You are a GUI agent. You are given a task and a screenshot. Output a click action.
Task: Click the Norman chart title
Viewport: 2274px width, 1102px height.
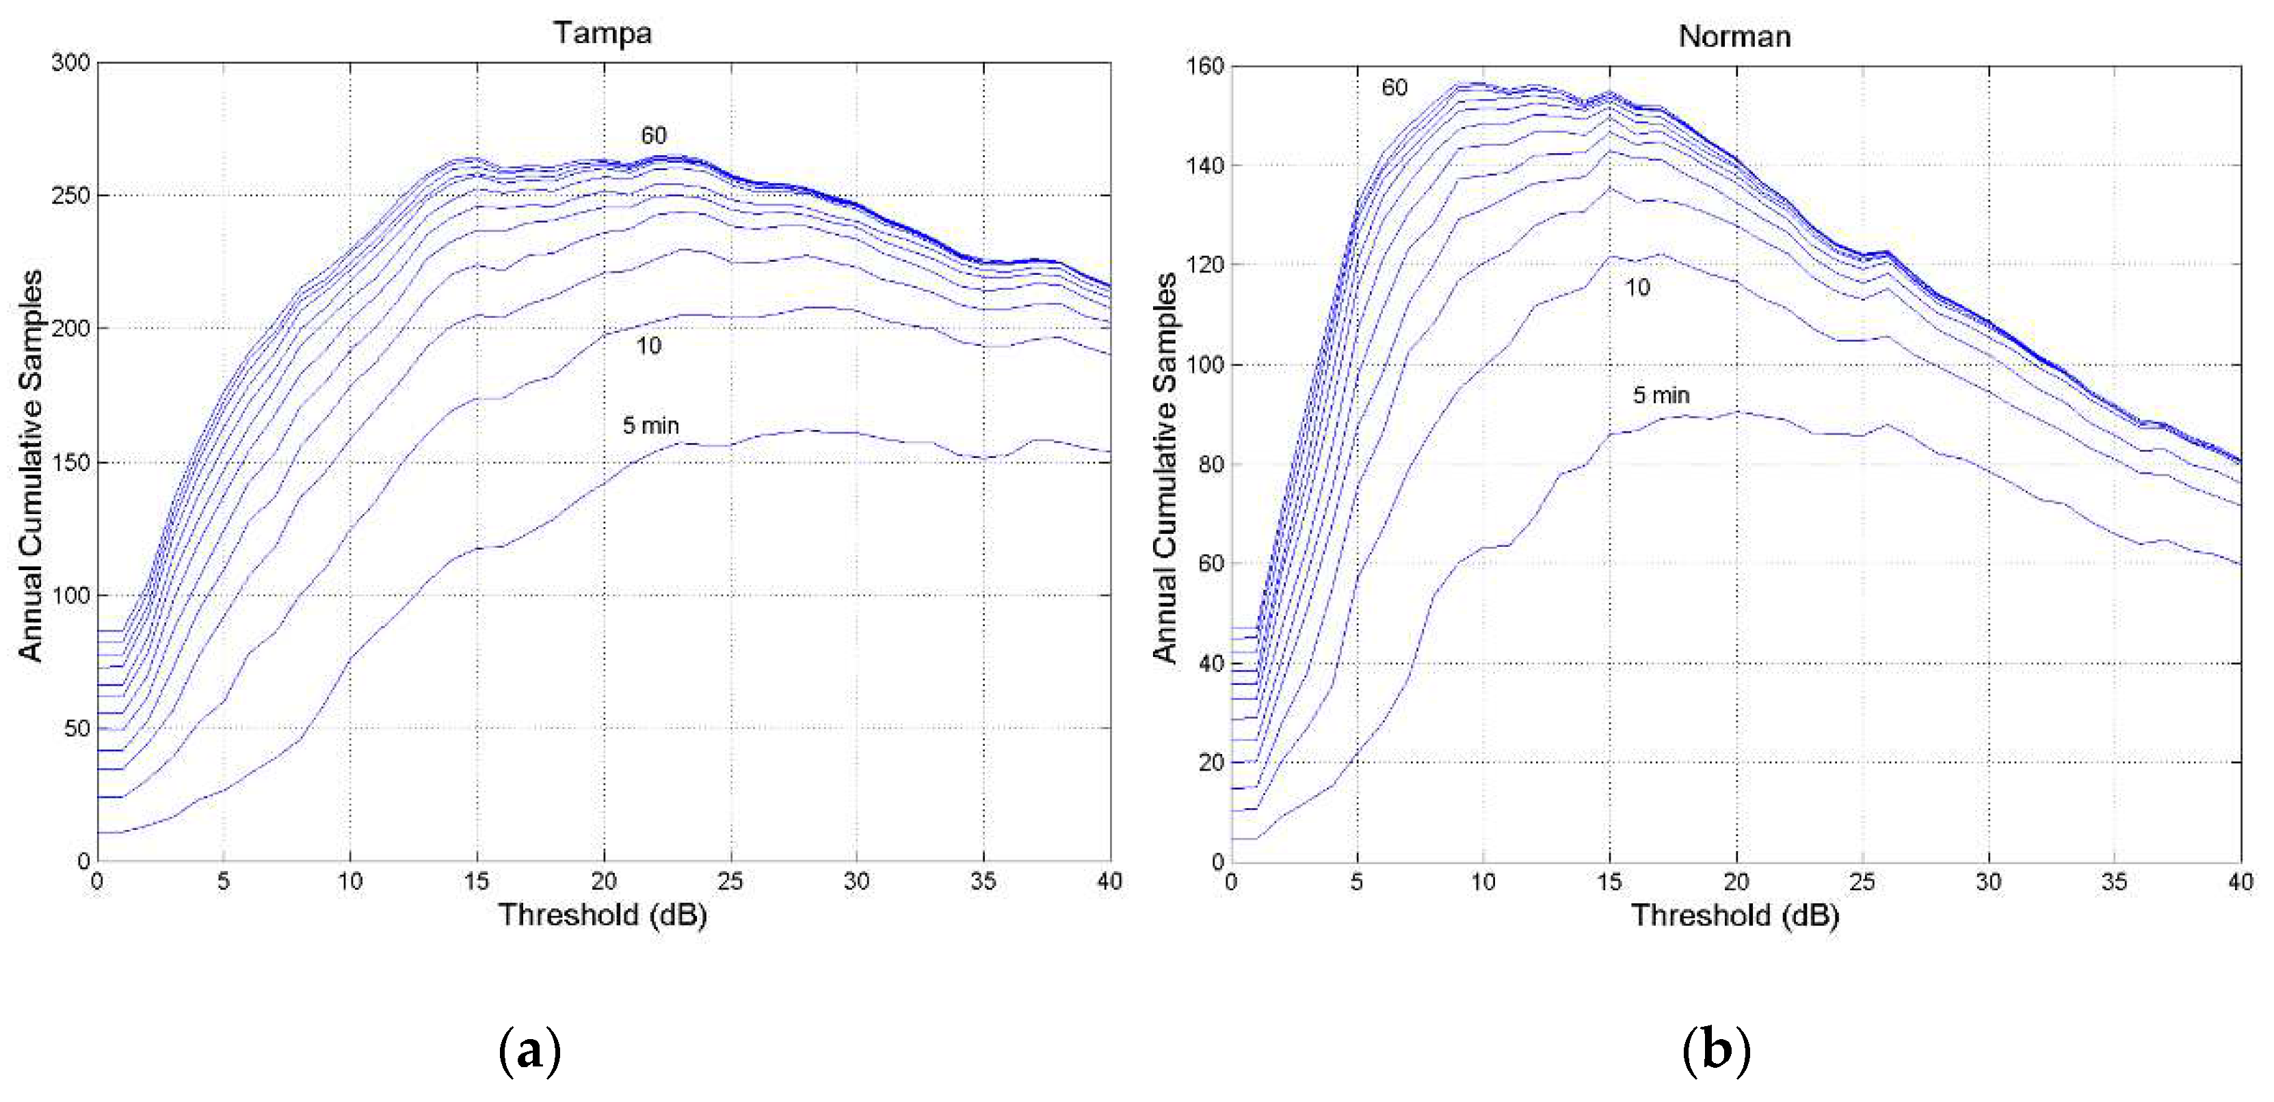click(1734, 36)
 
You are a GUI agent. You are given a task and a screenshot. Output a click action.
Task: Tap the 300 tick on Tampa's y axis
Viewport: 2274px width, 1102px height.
click(70, 63)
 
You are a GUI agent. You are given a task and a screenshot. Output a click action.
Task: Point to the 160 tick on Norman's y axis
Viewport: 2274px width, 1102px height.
click(1205, 66)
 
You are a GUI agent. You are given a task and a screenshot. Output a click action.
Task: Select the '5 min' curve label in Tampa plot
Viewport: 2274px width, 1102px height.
click(650, 425)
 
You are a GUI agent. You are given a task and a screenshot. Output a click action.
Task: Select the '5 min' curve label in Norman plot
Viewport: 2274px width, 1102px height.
click(1661, 395)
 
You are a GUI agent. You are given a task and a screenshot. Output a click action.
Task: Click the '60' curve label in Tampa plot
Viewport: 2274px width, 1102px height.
click(653, 135)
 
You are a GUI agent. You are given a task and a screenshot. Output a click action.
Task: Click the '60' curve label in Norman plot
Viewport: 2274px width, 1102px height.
click(1394, 88)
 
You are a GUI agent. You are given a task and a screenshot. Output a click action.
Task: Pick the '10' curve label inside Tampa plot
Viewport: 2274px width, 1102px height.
click(649, 346)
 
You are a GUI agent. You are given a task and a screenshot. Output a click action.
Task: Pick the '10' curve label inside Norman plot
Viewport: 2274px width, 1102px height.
click(1637, 288)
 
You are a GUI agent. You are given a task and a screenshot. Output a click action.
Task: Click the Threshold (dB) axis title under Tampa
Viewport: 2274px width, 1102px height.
click(603, 914)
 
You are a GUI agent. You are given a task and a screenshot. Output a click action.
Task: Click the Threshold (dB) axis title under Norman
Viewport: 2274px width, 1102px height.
click(1734, 915)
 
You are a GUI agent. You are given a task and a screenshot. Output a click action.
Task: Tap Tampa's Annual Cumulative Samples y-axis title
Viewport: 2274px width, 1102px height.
click(31, 465)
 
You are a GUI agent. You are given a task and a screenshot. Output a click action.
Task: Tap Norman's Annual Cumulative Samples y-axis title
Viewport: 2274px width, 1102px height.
click(1165, 467)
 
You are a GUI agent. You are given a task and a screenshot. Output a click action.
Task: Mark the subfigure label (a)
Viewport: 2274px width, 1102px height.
click(529, 1050)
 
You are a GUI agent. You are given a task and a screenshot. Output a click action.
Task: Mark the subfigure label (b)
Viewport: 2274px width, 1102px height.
click(1716, 1050)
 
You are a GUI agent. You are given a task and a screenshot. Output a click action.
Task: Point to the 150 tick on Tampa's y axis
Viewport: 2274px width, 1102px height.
click(70, 462)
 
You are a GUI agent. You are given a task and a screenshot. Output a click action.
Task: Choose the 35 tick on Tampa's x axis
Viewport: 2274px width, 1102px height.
click(983, 881)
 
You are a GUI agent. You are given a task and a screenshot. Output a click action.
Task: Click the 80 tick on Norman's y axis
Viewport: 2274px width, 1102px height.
click(1211, 464)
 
